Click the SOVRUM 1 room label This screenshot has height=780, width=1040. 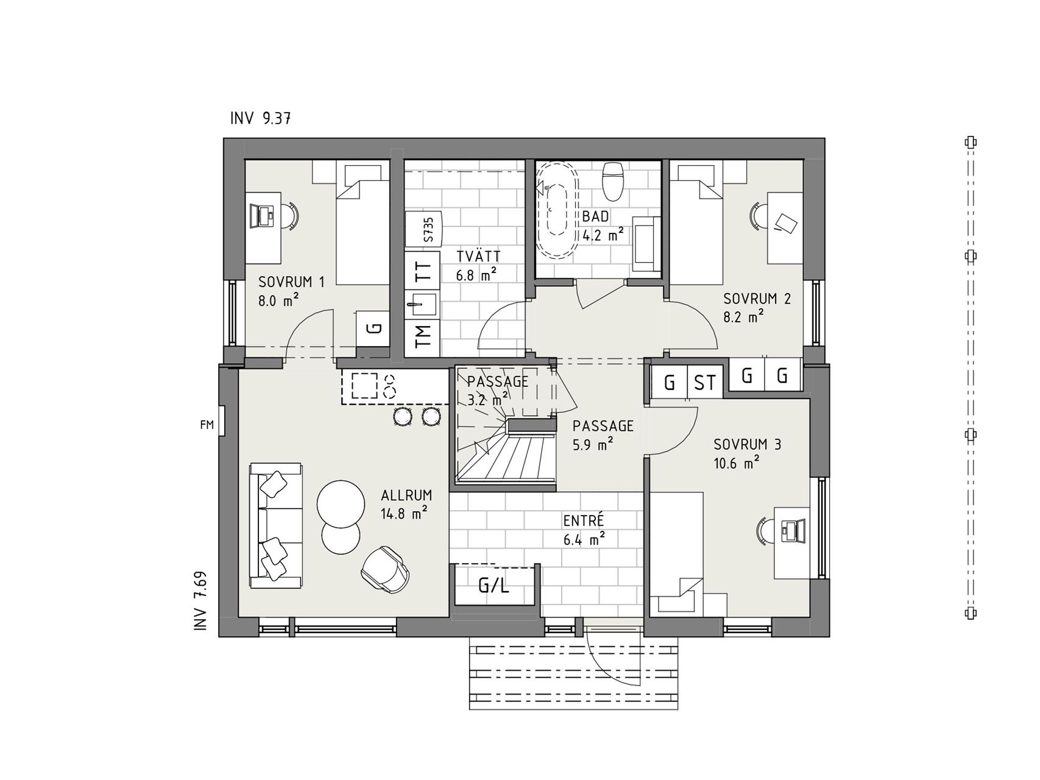pyautogui.click(x=291, y=282)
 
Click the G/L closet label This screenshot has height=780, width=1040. pyautogui.click(x=493, y=586)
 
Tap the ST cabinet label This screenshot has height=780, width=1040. pyautogui.click(x=705, y=383)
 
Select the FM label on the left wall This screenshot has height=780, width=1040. pyautogui.click(x=207, y=425)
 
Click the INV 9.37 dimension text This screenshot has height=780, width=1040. pyautogui.click(x=260, y=118)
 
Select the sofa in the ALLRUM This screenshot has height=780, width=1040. pyautogui.click(x=276, y=525)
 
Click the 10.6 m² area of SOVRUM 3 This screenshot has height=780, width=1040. pyautogui.click(x=736, y=464)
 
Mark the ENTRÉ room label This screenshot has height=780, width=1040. pyautogui.click(x=583, y=521)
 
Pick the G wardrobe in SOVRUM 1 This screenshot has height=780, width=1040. pyautogui.click(x=372, y=328)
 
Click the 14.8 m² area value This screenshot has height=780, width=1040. pyautogui.click(x=403, y=514)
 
